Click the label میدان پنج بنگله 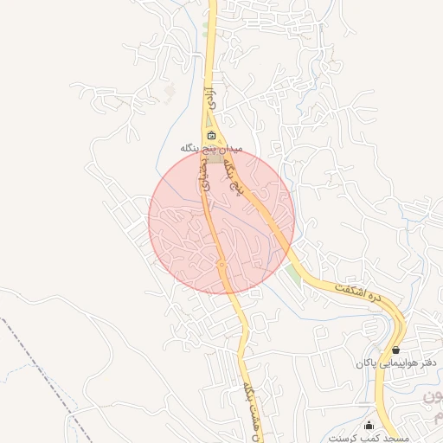click(212, 149)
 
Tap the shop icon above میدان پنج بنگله click(212, 136)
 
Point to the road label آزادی click(208, 96)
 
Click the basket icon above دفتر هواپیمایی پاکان click(395, 350)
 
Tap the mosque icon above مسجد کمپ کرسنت click(369, 425)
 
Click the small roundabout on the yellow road click(221, 264)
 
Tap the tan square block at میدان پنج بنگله click(214, 160)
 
